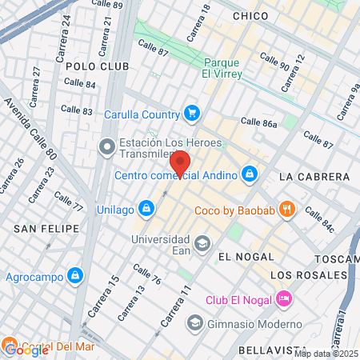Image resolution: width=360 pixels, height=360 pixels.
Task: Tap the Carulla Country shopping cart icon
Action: point(191,112)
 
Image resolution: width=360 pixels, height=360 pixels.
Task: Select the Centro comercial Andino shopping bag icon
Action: point(250,173)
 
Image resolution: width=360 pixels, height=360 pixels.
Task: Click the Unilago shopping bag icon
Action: point(146,209)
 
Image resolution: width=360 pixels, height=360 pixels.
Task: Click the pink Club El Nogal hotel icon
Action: point(284,299)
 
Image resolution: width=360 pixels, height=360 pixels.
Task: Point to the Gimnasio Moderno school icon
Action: point(194,323)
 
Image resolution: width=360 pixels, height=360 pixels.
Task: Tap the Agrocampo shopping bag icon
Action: point(75,275)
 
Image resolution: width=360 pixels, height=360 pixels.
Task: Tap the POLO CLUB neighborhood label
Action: point(91,66)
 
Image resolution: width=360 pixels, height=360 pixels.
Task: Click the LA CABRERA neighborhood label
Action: point(314,176)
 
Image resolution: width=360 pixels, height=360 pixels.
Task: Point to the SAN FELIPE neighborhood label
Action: point(46,228)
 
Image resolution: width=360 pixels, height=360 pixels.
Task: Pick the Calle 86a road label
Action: point(258,122)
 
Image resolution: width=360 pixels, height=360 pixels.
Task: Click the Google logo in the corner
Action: point(26,349)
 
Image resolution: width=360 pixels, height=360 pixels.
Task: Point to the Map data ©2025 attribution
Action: point(325,354)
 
